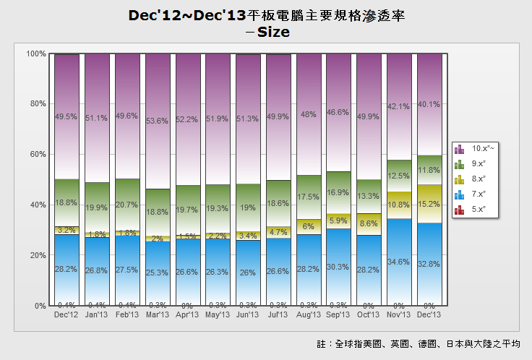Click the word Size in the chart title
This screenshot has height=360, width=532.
tap(273, 33)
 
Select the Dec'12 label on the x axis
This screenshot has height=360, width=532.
tap(66, 314)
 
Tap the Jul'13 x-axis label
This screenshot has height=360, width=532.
tap(278, 314)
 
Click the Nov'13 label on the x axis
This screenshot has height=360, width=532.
tap(399, 314)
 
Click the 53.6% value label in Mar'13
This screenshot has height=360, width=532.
tap(158, 121)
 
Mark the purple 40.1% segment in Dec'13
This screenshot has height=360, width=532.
tap(429, 104)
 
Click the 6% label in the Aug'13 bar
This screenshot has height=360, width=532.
tap(309, 226)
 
